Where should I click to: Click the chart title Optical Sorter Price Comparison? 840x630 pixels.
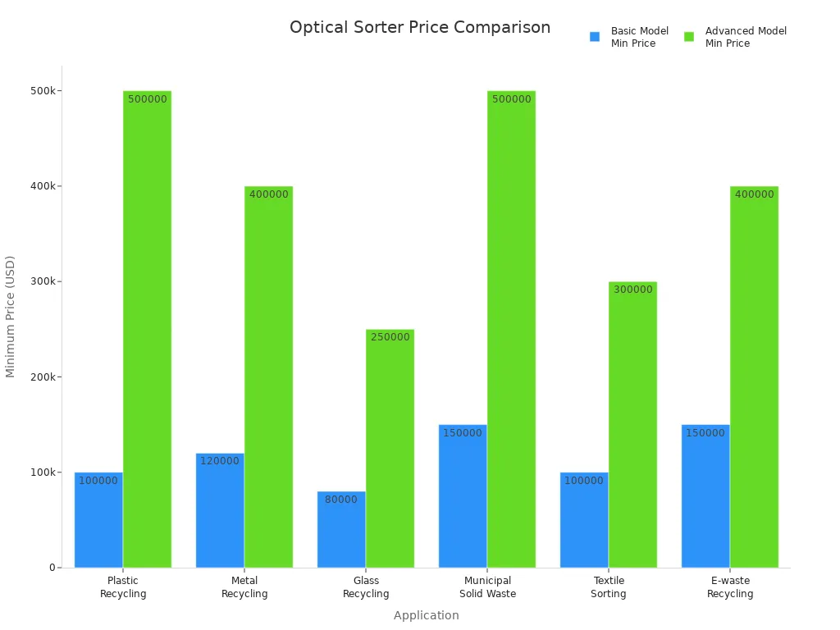(420, 27)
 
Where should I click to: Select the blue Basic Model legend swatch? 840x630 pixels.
(595, 37)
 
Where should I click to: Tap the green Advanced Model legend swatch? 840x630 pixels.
(689, 37)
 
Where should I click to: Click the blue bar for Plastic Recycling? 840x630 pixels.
(98, 520)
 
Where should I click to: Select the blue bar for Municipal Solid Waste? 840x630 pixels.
(463, 496)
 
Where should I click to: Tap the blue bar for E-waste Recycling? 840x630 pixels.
(705, 496)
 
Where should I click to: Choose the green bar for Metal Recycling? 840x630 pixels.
(268, 377)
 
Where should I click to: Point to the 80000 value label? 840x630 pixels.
(341, 500)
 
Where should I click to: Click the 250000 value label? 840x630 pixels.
(390, 337)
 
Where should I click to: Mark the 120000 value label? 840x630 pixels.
(220, 461)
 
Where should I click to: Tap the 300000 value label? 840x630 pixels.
(632, 290)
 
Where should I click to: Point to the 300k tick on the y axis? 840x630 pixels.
(43, 281)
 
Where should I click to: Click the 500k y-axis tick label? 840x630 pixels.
(43, 90)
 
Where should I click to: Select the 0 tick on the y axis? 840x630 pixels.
(52, 568)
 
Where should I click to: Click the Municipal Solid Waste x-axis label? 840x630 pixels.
(487, 587)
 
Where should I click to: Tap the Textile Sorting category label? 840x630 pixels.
(609, 587)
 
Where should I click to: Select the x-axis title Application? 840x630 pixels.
(426, 615)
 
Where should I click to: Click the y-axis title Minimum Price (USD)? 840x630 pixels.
(11, 316)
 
